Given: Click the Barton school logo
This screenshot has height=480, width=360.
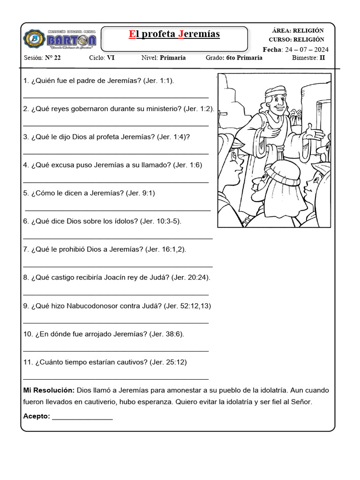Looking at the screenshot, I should pyautogui.click(x=60, y=39).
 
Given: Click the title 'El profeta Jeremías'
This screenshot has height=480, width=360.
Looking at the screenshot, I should pyautogui.click(x=174, y=34).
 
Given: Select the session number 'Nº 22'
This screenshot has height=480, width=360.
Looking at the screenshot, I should pyautogui.click(x=52, y=58).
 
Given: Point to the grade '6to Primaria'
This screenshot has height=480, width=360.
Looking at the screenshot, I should pyautogui.click(x=244, y=58).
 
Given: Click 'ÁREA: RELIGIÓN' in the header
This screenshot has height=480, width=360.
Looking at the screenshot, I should pyautogui.click(x=298, y=30).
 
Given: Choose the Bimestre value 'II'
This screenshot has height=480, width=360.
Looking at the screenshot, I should pyautogui.click(x=322, y=58).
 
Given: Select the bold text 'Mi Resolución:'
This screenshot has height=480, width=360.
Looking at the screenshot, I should pyautogui.click(x=49, y=390).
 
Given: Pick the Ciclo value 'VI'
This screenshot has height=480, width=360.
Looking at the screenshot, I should pyautogui.click(x=111, y=58).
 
